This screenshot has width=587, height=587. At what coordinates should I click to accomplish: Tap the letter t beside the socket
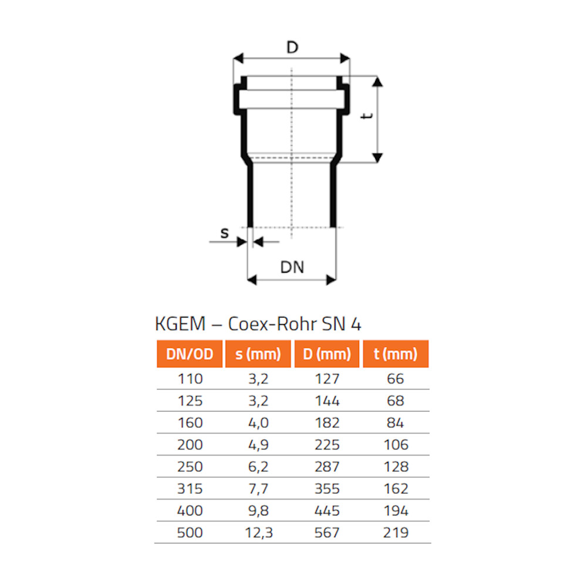[x=367, y=117]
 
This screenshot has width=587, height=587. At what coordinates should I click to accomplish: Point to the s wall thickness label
[x=224, y=232]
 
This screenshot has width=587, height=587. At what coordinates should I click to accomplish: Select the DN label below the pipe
[x=292, y=267]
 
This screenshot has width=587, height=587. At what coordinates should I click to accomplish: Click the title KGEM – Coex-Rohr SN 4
[x=262, y=324]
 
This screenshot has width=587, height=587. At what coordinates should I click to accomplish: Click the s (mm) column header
[x=258, y=354]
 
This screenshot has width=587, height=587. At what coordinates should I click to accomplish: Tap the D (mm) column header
[x=327, y=354]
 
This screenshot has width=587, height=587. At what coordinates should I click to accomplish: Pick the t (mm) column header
[x=396, y=354]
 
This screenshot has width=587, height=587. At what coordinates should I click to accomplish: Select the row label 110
[x=190, y=379]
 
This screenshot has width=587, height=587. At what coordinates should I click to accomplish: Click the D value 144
[x=327, y=401]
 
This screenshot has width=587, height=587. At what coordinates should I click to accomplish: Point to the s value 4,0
[x=258, y=423]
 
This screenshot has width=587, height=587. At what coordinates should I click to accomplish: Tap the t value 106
[x=396, y=445]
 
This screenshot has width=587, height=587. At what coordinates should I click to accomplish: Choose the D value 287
[x=327, y=467]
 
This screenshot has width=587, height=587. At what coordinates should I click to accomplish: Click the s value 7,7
[x=258, y=489]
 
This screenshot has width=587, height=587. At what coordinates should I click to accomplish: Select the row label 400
[x=190, y=511]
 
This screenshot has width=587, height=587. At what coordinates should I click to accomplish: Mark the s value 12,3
[x=258, y=533]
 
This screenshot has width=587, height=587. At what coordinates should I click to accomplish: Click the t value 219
[x=396, y=533]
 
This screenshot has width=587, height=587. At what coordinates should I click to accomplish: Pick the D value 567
[x=327, y=533]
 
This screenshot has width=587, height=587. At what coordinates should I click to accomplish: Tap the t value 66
[x=396, y=379]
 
